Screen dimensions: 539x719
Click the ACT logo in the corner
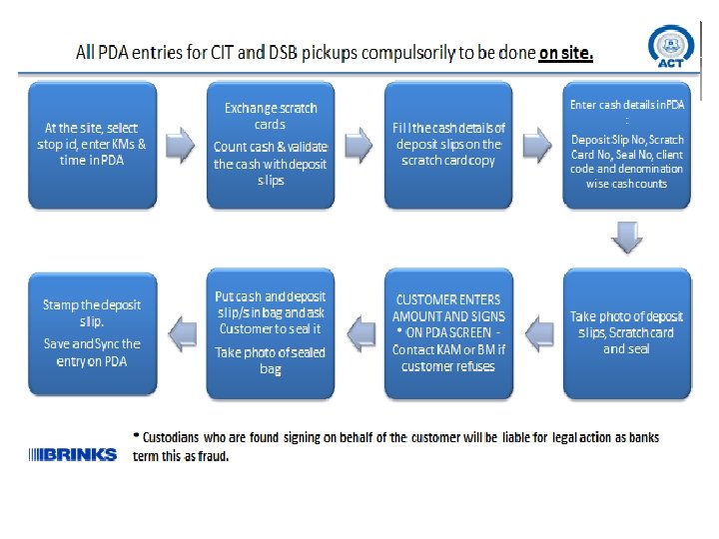pos(671,48)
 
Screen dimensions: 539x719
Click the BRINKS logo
pos(73,454)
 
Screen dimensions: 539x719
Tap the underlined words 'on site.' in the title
pos(565,53)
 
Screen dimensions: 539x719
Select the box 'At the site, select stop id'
pos(92,145)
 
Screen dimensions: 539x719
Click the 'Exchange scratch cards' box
pos(270,145)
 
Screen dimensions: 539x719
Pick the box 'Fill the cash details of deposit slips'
pos(448,145)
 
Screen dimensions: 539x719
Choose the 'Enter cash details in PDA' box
pos(626,145)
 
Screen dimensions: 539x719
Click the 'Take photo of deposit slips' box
pos(626,332)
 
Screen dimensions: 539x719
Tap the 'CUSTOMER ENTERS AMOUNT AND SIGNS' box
pos(448,332)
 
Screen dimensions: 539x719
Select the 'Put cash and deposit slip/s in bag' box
pos(270,332)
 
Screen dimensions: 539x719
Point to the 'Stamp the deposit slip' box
pos(92,332)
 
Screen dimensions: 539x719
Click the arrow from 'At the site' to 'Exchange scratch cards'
pos(181,145)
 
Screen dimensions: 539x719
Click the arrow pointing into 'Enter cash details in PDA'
pos(537,145)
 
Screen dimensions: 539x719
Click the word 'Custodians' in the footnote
pos(175,437)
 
